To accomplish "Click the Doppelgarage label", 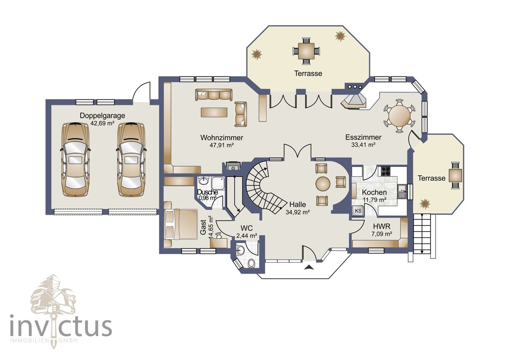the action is coord(102,115).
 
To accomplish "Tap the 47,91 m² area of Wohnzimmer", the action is coord(221,145).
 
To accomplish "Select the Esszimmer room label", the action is coord(363,137).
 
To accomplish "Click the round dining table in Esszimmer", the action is coord(400,116).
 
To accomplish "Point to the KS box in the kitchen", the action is coord(358,211).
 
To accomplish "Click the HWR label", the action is coord(382,226).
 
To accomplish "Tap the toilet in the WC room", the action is coord(251,264).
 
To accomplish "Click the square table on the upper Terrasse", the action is coord(306,51).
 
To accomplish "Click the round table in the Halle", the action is coord(323,184).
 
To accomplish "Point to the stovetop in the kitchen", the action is coord(386,171).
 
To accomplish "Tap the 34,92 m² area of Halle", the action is coord(298,212).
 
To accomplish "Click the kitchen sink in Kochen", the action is coord(402,191).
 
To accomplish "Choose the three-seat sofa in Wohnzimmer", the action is coord(214,95).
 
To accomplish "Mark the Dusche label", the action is coord(208,192).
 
